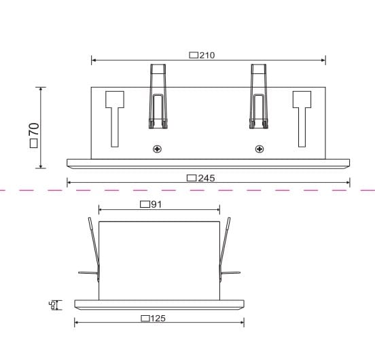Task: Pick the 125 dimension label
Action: coord(158,318)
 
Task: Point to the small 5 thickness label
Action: coord(52,304)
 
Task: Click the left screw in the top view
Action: coord(158,149)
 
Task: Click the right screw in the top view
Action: coord(259,149)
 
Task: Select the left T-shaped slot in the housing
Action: coord(113,115)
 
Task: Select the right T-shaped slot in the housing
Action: coord(302,115)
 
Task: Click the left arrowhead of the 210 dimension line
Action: coord(93,61)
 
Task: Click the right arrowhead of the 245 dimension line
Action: coord(348,182)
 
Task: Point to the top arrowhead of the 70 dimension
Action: coord(42,89)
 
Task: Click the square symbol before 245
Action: coord(192,178)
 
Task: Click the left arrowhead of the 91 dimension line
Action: coord(101,210)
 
